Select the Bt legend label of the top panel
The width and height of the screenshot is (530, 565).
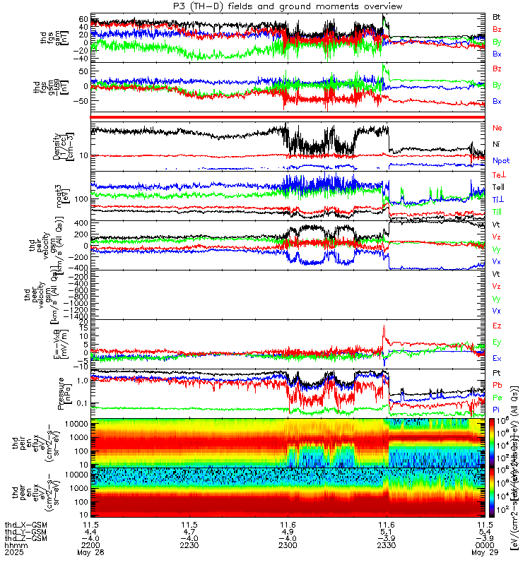click(497, 16)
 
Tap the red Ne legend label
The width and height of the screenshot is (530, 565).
click(497, 128)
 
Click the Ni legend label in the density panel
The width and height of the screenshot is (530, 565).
click(497, 144)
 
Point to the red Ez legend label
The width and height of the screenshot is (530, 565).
click(497, 326)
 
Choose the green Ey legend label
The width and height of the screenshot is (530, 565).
click(497, 343)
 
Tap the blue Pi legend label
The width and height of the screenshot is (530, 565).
click(497, 410)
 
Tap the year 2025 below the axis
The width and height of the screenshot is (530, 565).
click(13, 554)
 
